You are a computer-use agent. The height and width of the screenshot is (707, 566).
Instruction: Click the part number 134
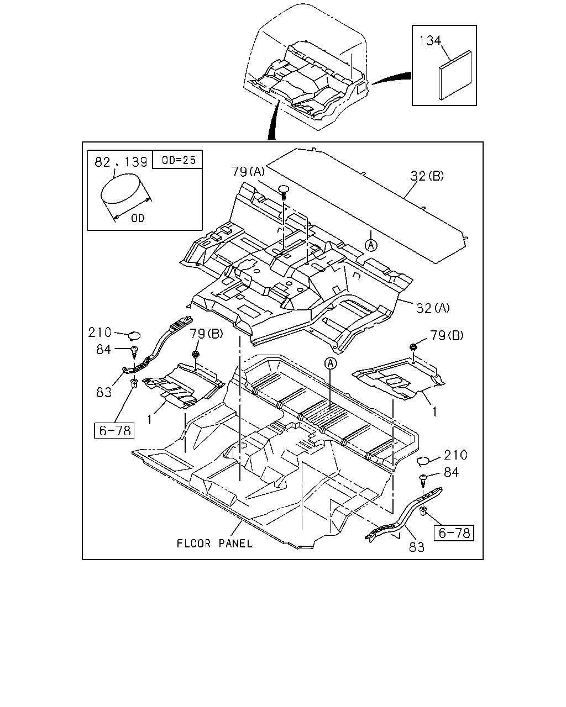(430, 40)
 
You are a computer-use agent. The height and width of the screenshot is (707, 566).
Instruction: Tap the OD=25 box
(177, 160)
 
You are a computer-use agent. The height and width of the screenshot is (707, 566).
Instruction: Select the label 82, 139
(120, 162)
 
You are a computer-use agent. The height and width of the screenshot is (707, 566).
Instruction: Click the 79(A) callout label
(248, 171)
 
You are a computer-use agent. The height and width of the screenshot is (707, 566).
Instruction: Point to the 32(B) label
(427, 176)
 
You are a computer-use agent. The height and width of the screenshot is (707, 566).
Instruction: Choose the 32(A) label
(433, 308)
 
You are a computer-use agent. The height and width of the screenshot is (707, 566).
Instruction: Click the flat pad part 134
(455, 75)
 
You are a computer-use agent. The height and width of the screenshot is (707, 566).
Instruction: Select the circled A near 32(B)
(371, 245)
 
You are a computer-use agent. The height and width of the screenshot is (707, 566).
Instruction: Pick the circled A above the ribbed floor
(331, 363)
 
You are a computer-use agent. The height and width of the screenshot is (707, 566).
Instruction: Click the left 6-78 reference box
(114, 430)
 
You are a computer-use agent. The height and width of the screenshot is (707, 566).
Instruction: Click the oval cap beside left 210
(134, 335)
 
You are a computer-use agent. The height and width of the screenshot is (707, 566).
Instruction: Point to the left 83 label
(104, 392)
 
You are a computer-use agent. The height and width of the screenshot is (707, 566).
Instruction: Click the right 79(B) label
(447, 335)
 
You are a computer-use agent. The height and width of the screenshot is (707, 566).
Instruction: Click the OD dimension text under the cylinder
(138, 218)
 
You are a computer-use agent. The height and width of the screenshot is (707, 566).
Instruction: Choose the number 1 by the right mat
(435, 411)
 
